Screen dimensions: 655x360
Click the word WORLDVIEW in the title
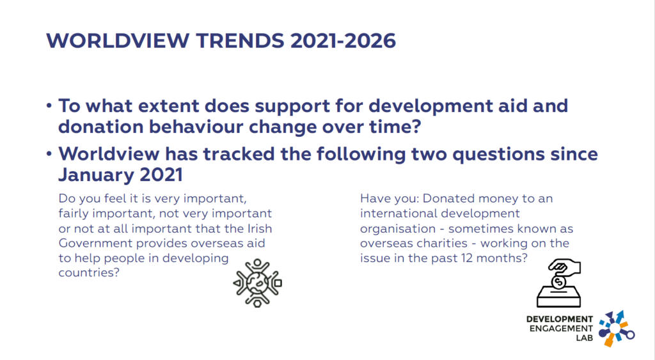(118, 41)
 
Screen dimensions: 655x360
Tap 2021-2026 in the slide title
(343, 41)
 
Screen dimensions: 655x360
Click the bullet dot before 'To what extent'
(49, 106)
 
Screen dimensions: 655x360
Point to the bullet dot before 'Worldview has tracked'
(49, 154)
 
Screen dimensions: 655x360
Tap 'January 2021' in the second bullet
(120, 175)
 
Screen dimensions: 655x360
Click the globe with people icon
(257, 283)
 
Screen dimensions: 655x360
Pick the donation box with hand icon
(558, 283)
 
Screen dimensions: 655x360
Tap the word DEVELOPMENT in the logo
(559, 320)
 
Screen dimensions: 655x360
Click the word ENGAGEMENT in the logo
(561, 329)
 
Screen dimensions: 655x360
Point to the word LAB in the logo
(585, 338)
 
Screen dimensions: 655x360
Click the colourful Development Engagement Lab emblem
(616, 328)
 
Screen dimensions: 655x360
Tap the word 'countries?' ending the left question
(89, 272)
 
